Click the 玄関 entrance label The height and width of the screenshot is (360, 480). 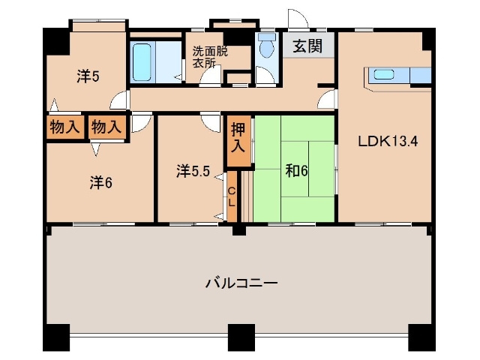pyautogui.click(x=307, y=46)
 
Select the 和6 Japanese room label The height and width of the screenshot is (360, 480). pyautogui.click(x=296, y=170)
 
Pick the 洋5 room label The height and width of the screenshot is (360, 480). pyautogui.click(x=88, y=76)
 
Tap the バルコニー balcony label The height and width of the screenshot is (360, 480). pyautogui.click(x=241, y=283)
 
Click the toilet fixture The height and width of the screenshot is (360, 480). pyautogui.click(x=266, y=48)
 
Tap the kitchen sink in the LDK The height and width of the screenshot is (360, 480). pyautogui.click(x=384, y=73)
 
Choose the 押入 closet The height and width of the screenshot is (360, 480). pyautogui.click(x=238, y=136)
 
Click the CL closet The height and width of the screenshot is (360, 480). pyautogui.click(x=232, y=196)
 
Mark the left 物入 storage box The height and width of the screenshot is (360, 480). pyautogui.click(x=64, y=126)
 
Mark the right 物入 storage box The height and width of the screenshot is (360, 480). pyautogui.click(x=106, y=126)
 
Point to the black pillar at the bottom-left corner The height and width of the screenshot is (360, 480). pyautogui.click(x=55, y=339)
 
